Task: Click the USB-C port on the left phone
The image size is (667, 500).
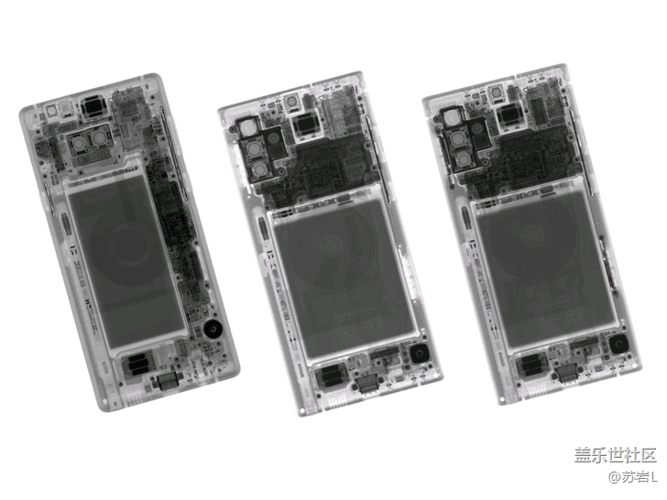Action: click(169, 381)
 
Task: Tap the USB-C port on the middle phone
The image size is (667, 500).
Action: click(366, 385)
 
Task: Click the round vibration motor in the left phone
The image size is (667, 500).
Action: click(213, 329)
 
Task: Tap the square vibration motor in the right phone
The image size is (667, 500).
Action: click(619, 344)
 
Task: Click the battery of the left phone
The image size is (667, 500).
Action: click(127, 262)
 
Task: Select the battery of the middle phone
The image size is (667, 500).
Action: click(344, 280)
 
